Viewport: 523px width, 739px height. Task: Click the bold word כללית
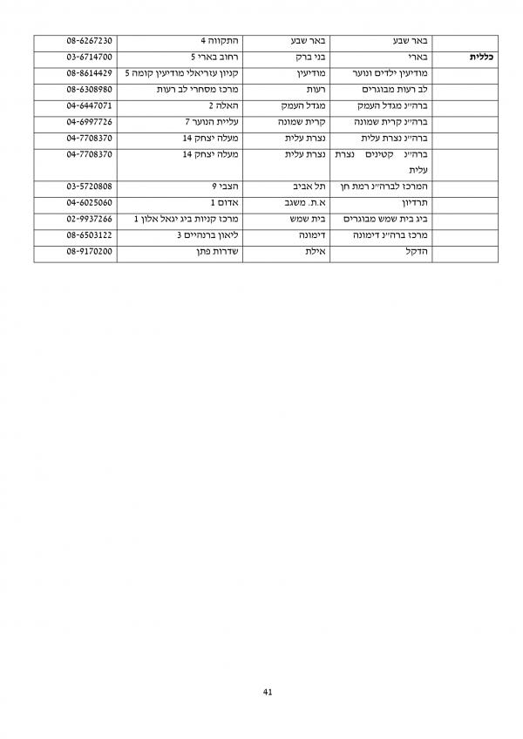(482, 58)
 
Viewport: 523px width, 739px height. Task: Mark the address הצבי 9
(227, 186)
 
